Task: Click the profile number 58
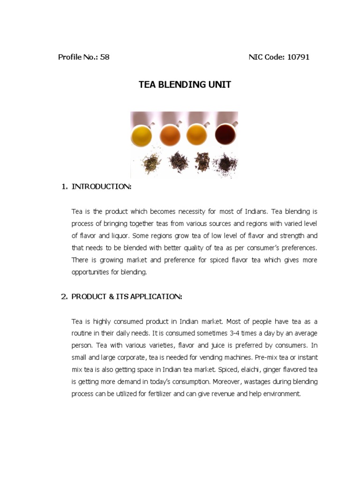pyautogui.click(x=105, y=57)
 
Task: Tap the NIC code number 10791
pyautogui.click(x=298, y=57)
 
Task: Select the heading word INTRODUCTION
pyautogui.click(x=101, y=187)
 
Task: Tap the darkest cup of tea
pyautogui.click(x=225, y=135)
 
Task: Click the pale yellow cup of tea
pyautogui.click(x=142, y=135)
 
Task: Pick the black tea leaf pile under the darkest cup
pyautogui.click(x=225, y=165)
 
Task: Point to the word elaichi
pyautogui.click(x=250, y=369)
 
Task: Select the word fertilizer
pyautogui.click(x=160, y=394)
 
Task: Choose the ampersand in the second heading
pyautogui.click(x=112, y=297)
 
